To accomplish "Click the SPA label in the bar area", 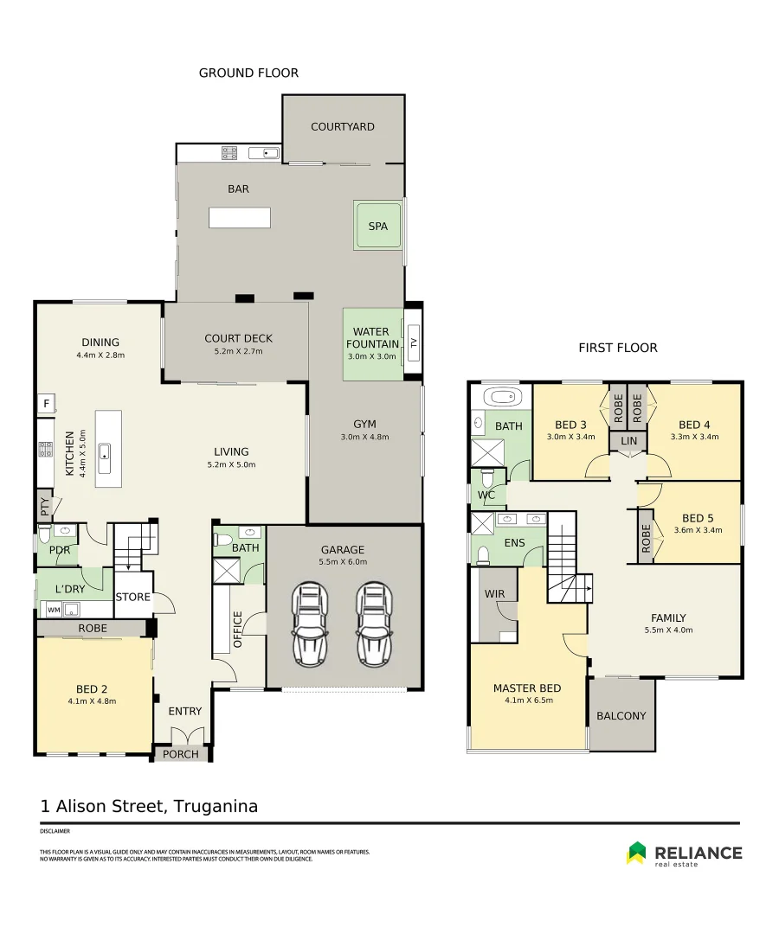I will click(378, 227).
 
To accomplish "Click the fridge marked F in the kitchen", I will click(46, 404).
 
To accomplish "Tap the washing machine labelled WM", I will click(54, 610).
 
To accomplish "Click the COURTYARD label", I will click(343, 126).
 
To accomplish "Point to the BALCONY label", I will click(621, 716).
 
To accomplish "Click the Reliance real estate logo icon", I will click(636, 853).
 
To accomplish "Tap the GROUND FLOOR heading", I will click(248, 73).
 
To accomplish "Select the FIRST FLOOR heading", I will click(617, 348).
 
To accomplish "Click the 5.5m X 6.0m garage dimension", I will click(344, 562).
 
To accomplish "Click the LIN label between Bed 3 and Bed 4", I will click(628, 441).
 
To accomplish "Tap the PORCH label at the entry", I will click(181, 754).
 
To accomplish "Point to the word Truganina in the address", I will click(216, 806).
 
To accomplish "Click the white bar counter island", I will click(239, 217).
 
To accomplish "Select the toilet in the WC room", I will click(487, 477).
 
